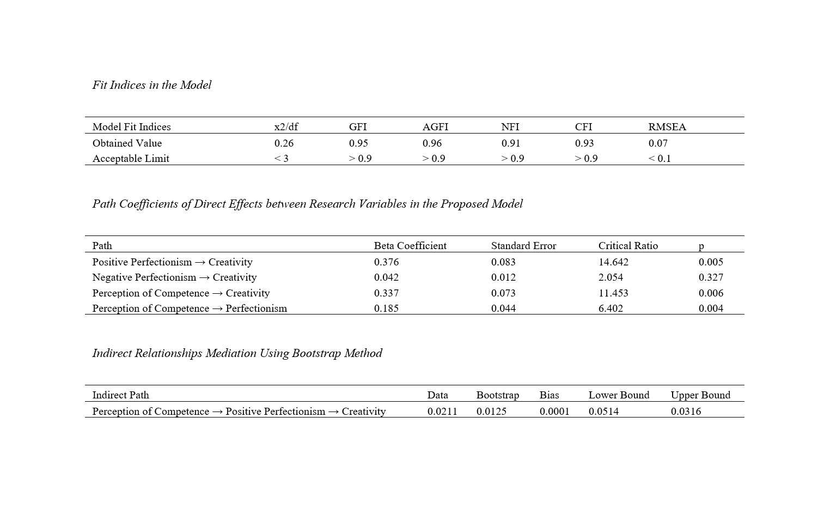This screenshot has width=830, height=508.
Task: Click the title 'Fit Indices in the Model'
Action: [x=151, y=85]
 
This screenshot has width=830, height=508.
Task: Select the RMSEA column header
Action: [x=667, y=127]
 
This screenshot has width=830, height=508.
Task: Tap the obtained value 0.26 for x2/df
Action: [x=284, y=143]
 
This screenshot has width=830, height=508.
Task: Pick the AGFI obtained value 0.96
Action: [x=432, y=143]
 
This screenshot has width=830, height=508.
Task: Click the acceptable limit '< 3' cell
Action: [x=281, y=159]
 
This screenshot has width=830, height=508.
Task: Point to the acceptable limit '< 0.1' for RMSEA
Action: [x=659, y=159]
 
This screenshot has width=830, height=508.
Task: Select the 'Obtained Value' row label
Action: [x=127, y=143]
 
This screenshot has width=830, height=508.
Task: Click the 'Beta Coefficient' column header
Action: [x=410, y=246]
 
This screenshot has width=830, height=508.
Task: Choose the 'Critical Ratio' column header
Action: [x=627, y=246]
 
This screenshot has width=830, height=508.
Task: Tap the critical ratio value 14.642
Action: [x=613, y=262]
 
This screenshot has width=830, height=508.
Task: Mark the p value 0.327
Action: [x=711, y=277]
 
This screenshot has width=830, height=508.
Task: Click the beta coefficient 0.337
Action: [x=386, y=293]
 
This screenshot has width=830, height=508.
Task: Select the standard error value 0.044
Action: [x=503, y=309]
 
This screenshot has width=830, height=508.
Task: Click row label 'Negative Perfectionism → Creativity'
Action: [x=174, y=277]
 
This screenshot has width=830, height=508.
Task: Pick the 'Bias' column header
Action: [x=549, y=395]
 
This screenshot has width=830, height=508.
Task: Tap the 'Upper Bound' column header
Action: [x=700, y=395]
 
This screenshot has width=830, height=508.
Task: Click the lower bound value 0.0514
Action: [x=603, y=412]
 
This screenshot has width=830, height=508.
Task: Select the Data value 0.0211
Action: [x=442, y=412]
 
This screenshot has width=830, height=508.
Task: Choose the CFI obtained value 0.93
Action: [x=584, y=143]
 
